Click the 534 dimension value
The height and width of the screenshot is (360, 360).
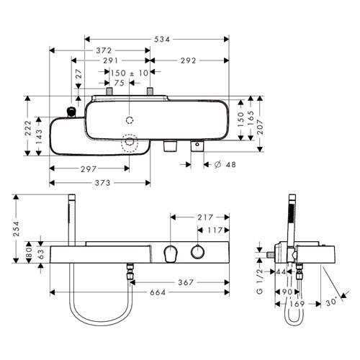[x=162, y=40]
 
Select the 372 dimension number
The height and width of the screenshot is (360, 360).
[x=104, y=50]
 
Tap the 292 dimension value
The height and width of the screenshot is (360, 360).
[x=189, y=60]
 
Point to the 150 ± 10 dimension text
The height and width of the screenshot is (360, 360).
[x=130, y=73]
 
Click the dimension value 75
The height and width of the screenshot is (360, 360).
[x=120, y=83]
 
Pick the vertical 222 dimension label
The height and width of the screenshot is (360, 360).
[x=28, y=127]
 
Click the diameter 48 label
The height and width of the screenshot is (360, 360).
[x=225, y=165]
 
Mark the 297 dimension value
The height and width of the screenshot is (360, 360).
[x=89, y=169]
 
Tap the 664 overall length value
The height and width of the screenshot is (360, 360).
[x=158, y=292]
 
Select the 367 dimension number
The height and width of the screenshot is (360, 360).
[x=186, y=282]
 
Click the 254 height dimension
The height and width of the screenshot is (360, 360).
[x=17, y=229]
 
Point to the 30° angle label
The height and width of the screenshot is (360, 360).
[x=332, y=302]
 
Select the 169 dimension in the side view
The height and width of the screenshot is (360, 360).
[x=297, y=304]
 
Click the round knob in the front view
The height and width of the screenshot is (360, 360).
[x=198, y=252]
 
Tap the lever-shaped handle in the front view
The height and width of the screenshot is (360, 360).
[x=171, y=253]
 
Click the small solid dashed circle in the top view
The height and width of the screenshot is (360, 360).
[x=130, y=120]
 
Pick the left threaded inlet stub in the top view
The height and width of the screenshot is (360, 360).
[x=109, y=91]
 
